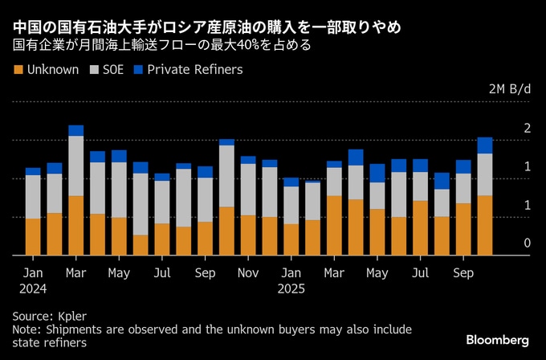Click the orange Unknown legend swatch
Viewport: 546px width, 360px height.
(x=18, y=69)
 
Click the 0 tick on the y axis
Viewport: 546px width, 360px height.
(x=527, y=243)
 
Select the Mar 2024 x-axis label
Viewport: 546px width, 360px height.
(x=75, y=273)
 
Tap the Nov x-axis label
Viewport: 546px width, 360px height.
(x=249, y=273)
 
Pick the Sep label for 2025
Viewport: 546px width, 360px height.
(x=463, y=273)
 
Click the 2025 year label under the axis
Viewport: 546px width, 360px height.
(x=291, y=288)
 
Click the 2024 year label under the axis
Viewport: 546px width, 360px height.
(x=33, y=288)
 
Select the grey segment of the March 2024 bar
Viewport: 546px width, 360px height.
(x=76, y=166)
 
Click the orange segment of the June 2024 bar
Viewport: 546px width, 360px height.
(x=141, y=245)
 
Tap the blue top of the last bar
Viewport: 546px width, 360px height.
(x=485, y=145)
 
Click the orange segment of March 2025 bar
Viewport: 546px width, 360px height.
(x=334, y=225)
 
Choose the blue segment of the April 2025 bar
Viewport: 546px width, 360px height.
(x=356, y=157)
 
